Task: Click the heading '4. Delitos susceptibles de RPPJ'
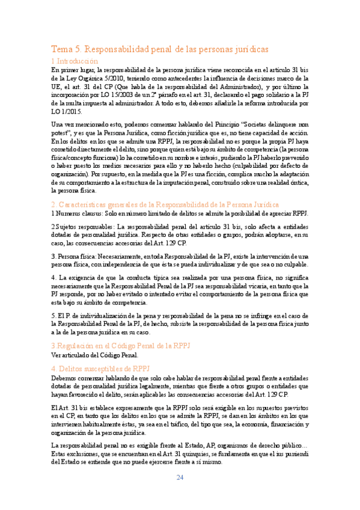(100, 368)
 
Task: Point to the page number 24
(180, 478)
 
